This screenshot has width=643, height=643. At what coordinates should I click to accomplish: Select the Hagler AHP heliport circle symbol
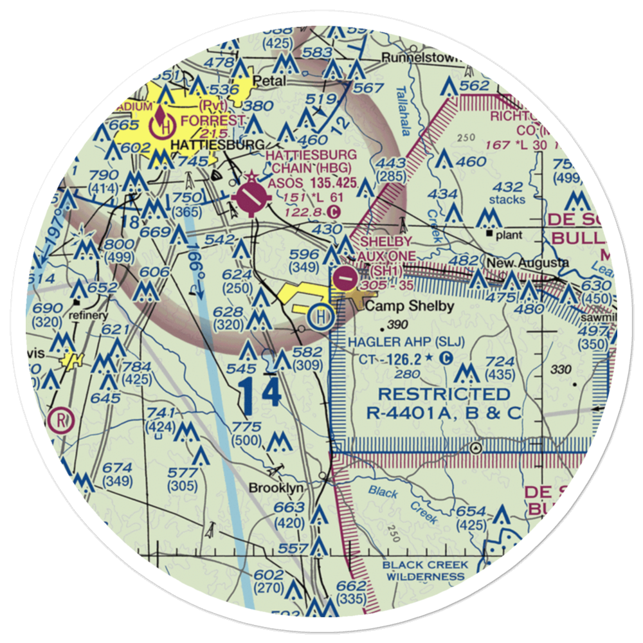pyautogui.click(x=320, y=316)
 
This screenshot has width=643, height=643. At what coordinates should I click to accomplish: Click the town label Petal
pyautogui.click(x=267, y=82)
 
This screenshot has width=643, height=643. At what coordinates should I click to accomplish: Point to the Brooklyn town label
pyautogui.click(x=276, y=488)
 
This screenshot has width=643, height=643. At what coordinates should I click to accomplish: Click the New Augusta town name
pyautogui.click(x=527, y=263)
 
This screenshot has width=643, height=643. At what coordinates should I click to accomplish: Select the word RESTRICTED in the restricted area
pyautogui.click(x=444, y=394)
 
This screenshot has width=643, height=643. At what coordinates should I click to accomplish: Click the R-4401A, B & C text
pyautogui.click(x=444, y=413)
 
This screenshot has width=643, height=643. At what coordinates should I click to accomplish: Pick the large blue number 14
pyautogui.click(x=262, y=395)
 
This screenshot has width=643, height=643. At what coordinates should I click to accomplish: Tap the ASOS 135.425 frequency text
pyautogui.click(x=312, y=183)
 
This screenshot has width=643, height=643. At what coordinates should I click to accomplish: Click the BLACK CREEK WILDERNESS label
pyautogui.click(x=425, y=571)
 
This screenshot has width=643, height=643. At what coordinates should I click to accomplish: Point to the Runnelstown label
pyautogui.click(x=421, y=57)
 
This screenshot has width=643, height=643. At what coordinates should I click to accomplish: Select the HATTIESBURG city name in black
pyautogui.click(x=210, y=145)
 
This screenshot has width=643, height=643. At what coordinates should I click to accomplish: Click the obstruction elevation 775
pyautogui.click(x=247, y=427)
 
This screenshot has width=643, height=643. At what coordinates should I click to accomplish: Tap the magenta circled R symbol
pyautogui.click(x=61, y=421)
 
